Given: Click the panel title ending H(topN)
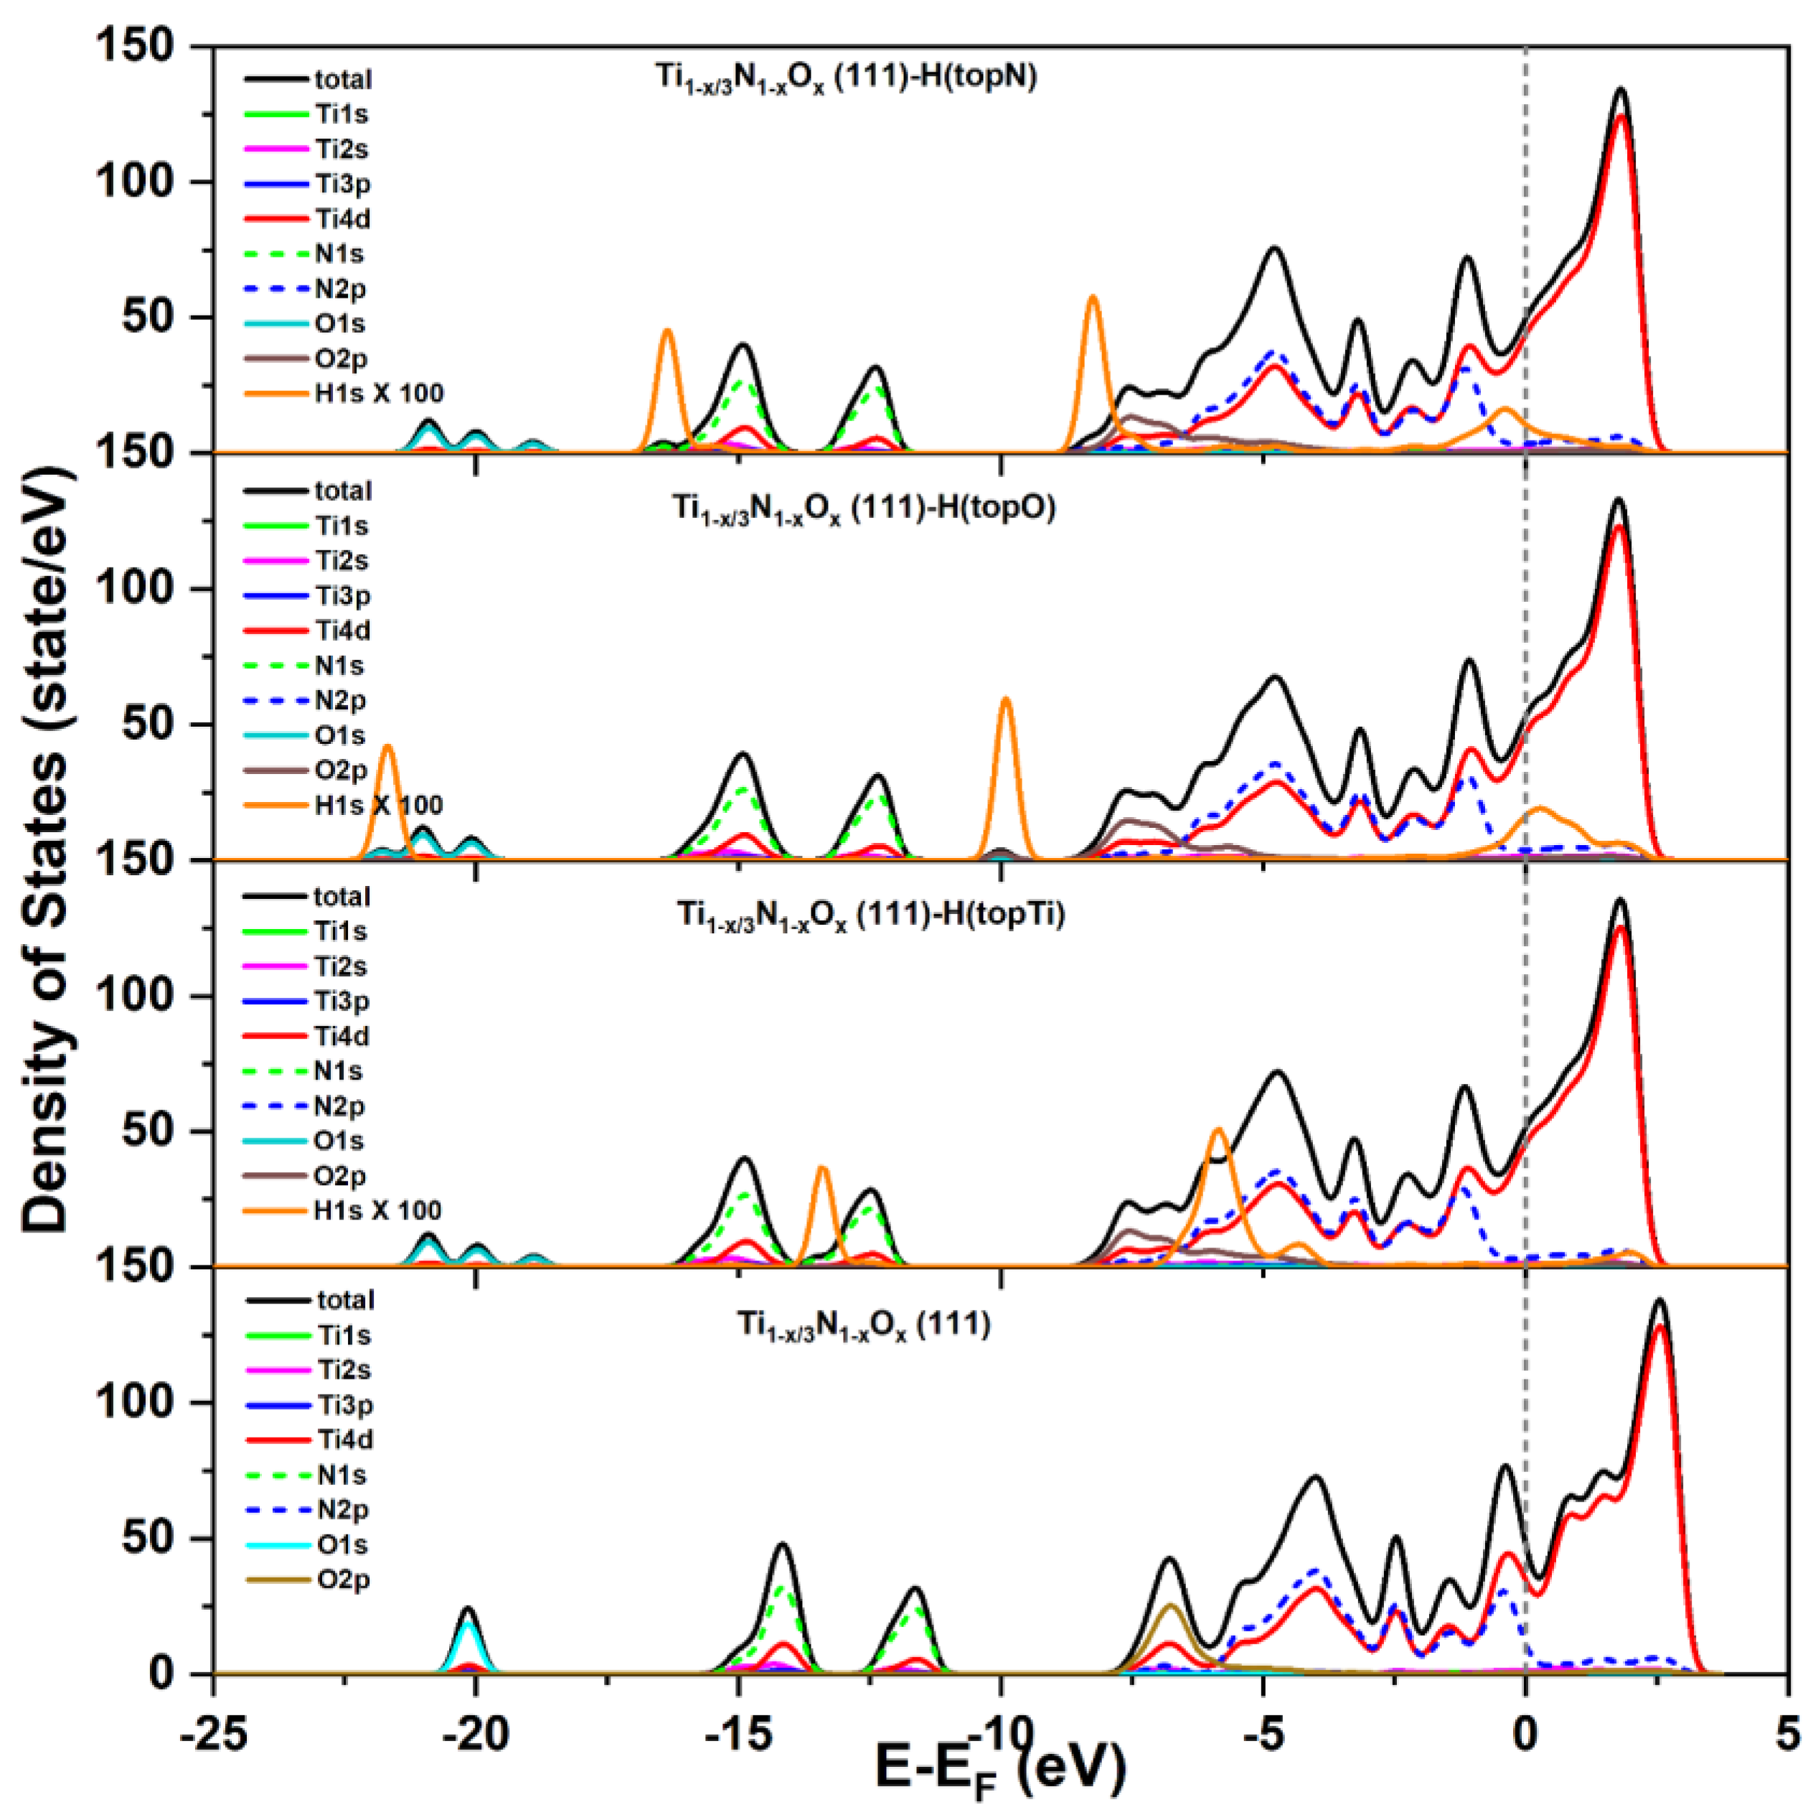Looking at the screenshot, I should coord(845,77).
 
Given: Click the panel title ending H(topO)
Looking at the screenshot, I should coord(863,509).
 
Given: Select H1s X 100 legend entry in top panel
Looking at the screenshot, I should coord(377,394).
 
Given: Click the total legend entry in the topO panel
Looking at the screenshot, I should coord(341,491).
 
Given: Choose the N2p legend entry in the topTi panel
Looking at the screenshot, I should coord(339,1106).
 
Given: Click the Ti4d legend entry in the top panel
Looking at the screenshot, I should coord(341,219).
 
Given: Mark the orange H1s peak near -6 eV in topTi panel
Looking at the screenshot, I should coord(1218,1131).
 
